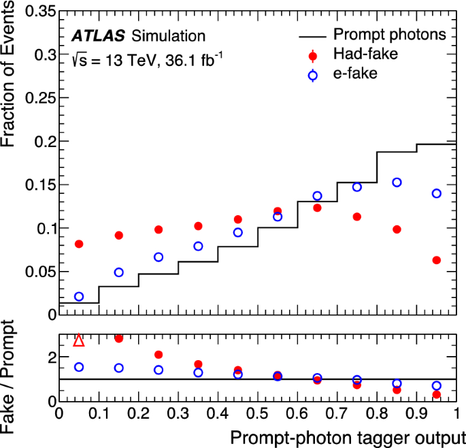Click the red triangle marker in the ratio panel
[79, 340]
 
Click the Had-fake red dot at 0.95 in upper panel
[437, 260]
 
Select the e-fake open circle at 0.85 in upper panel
[397, 182]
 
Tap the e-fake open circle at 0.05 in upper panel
[79, 297]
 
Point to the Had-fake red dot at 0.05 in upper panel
[79, 244]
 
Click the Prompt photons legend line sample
[312, 35]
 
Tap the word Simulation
[168, 35]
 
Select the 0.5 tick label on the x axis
[258, 414]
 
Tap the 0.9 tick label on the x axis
[416, 414]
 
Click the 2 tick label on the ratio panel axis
[49, 357]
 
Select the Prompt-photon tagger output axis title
[347, 436]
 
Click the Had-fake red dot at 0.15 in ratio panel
[118, 338]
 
